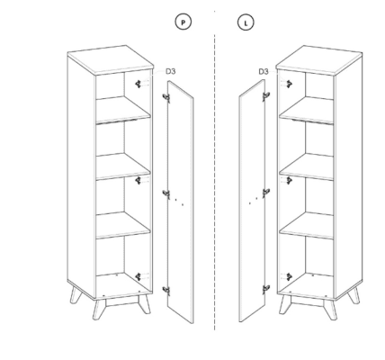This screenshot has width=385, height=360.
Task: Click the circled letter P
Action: point(184,22)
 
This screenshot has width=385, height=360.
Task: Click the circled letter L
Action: point(246,22)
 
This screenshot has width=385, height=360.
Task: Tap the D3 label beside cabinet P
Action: point(171,71)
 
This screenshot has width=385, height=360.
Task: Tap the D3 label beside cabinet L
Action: point(264,72)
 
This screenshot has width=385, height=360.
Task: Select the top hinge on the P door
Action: point(166,97)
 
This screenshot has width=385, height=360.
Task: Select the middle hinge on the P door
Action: point(166,194)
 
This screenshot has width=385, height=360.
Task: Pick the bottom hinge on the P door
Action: point(166,290)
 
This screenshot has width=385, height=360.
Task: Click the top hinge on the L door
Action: point(266,96)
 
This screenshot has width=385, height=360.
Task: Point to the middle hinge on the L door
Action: point(266,193)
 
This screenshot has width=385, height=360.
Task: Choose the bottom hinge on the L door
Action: point(266,290)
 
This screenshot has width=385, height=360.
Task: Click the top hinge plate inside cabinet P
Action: point(139,84)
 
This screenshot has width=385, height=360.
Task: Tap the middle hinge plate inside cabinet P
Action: point(139,180)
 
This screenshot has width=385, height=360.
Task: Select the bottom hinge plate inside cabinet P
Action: point(139,277)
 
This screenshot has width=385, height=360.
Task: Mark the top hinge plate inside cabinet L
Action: point(289,84)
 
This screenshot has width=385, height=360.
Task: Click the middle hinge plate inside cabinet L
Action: point(289,180)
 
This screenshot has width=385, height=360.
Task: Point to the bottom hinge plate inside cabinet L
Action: point(289,277)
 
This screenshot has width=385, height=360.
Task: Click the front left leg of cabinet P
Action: point(99,309)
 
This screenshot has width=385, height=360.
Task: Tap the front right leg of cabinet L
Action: point(330,309)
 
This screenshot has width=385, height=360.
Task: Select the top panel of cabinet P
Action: point(111,59)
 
